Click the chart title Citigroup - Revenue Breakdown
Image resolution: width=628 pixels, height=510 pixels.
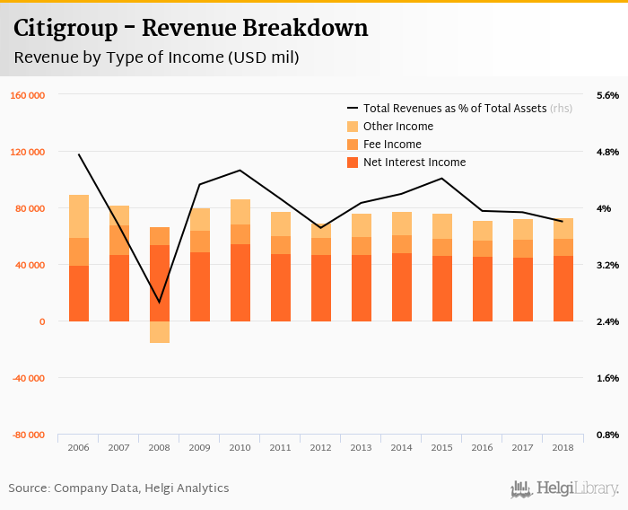pyautogui.click(x=190, y=28)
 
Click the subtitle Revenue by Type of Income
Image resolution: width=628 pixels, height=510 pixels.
pyautogui.click(x=156, y=57)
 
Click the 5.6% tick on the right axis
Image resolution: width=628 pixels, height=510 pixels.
pyautogui.click(x=607, y=95)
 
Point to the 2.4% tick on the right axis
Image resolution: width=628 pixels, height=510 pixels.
pyautogui.click(x=607, y=321)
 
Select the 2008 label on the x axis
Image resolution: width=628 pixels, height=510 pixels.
pyautogui.click(x=160, y=447)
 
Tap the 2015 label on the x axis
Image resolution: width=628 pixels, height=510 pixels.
pyautogui.click(x=442, y=447)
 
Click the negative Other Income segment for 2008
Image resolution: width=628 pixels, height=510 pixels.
pyautogui.click(x=160, y=332)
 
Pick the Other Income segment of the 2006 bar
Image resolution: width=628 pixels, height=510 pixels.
pyautogui.click(x=79, y=216)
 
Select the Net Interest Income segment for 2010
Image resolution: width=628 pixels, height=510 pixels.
pyautogui.click(x=240, y=283)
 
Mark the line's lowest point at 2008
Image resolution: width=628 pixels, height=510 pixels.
pyautogui.click(x=160, y=303)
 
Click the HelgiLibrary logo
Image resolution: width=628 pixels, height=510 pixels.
pyautogui.click(x=564, y=488)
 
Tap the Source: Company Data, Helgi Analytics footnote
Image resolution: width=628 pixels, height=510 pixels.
pyautogui.click(x=118, y=488)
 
